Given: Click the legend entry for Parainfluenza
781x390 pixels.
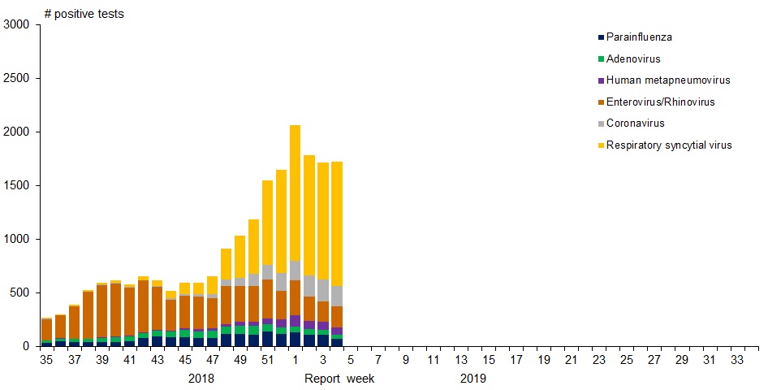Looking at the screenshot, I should click(639, 37).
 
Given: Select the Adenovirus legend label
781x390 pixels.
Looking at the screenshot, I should click(633, 58).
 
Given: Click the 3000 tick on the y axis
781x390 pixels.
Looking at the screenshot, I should click(16, 25).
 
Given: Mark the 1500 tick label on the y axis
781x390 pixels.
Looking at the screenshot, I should click(16, 185).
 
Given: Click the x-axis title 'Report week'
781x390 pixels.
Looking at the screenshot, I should click(339, 379).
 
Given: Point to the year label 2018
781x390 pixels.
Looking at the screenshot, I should click(201, 379).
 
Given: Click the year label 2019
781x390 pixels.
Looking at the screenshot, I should click(473, 379).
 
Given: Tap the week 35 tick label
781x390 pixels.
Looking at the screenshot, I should click(46, 360).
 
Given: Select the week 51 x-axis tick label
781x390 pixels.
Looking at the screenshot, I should click(267, 360).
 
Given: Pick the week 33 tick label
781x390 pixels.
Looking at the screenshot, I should click(737, 360).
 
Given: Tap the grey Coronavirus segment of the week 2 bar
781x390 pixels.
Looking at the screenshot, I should click(309, 286).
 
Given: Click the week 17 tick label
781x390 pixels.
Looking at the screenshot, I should click(516, 360).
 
